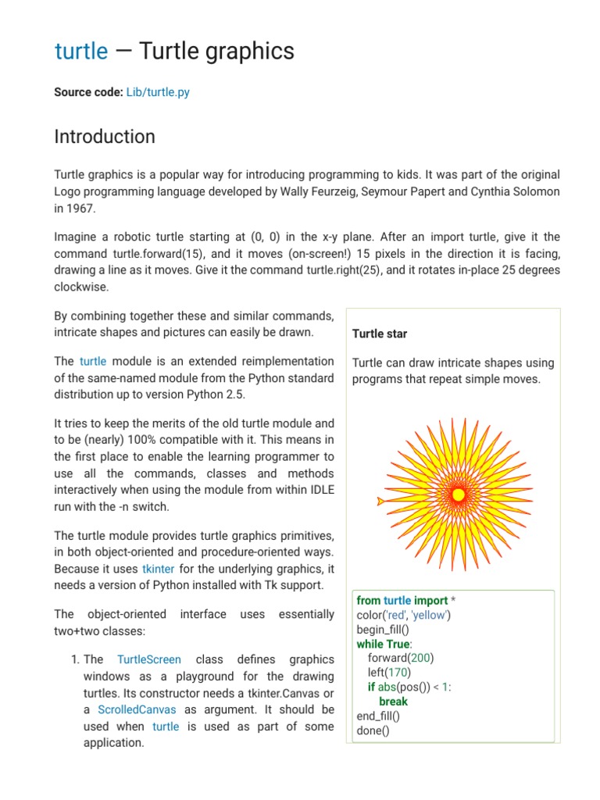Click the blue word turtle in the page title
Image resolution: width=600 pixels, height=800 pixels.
(x=81, y=52)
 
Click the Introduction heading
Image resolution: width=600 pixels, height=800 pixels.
(x=105, y=137)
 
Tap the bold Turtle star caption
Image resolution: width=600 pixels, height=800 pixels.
(x=380, y=334)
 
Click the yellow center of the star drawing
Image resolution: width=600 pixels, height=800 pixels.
(x=459, y=495)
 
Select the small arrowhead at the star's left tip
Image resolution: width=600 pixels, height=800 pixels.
(x=380, y=500)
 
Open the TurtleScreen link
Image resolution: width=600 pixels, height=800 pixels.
(x=148, y=659)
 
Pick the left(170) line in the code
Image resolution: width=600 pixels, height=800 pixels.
(x=388, y=672)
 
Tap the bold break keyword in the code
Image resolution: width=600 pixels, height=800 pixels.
(x=393, y=701)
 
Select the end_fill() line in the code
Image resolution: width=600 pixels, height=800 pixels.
(x=378, y=716)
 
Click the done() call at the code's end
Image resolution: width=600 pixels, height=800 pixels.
(x=373, y=730)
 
